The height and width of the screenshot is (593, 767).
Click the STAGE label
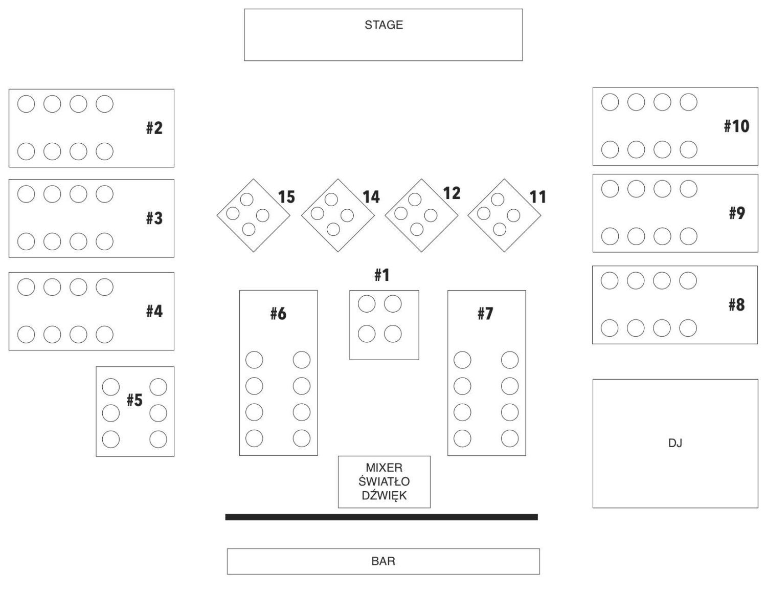pos(383,25)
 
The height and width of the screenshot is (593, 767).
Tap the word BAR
pos(383,561)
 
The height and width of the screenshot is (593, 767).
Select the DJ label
pos(675,443)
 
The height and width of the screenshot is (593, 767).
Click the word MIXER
pos(384,467)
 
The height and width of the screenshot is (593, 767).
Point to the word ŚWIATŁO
pos(384,481)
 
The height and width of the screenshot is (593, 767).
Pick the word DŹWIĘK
pos(384,495)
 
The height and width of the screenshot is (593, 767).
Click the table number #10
pos(736,126)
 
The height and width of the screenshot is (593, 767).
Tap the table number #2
pos(154,128)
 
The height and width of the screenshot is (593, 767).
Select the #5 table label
pos(134,400)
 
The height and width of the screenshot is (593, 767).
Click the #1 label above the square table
pos(382,275)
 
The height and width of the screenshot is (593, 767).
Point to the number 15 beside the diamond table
pos(286,197)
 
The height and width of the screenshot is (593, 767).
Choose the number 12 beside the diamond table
pos(452,193)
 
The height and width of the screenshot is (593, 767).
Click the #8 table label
pos(736,305)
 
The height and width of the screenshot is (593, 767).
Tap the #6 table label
pos(278,314)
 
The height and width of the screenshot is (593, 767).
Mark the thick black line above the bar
pos(381,517)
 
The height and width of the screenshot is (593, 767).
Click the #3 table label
pos(154,218)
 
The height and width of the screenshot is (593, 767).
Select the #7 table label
pos(485,313)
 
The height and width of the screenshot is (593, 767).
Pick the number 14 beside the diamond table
pos(371,197)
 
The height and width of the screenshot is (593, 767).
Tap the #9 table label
pos(737,213)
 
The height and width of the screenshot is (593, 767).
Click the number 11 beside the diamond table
pos(537,197)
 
